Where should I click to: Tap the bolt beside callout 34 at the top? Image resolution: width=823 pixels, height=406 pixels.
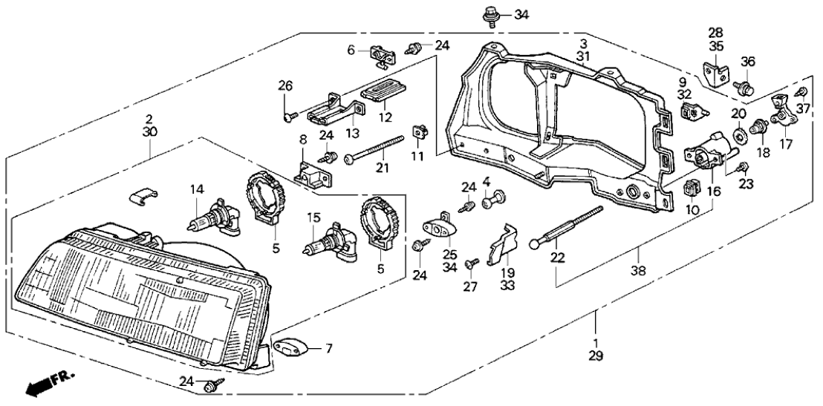[x=490, y=14]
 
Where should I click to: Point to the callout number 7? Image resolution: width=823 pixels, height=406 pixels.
[x=327, y=347]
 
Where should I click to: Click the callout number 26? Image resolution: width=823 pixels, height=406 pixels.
[x=286, y=85]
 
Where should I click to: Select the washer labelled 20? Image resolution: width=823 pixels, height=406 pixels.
[x=740, y=135]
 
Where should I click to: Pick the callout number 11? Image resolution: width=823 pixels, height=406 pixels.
[x=417, y=157]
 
